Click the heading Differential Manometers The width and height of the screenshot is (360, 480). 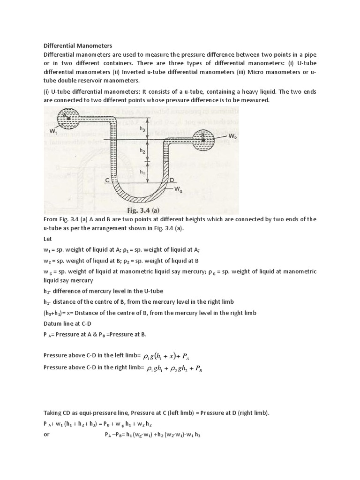[78, 45]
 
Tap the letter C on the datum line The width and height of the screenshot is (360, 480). [107, 180]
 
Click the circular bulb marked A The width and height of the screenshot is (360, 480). [68, 117]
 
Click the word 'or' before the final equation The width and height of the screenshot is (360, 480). [46, 434]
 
